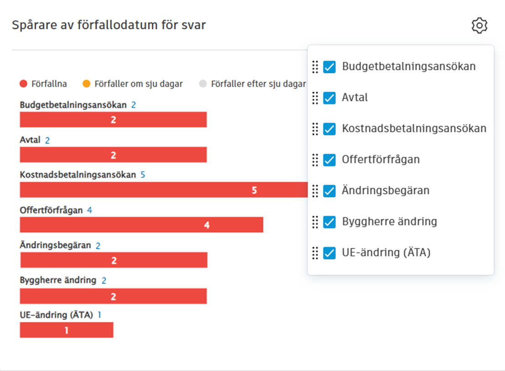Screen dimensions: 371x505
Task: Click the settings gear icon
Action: pos(479,26)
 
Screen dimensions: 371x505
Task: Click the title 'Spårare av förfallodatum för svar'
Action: pos(109,25)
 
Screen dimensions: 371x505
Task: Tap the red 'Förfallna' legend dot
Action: pos(24,84)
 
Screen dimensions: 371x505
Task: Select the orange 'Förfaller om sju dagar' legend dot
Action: pos(87,84)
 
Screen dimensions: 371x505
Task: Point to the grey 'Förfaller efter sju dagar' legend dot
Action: pos(203,84)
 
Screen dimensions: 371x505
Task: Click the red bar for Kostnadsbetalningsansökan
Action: pos(164,190)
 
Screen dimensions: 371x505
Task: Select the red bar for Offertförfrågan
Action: pos(141,225)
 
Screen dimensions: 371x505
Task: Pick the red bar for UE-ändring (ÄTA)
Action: pos(67,330)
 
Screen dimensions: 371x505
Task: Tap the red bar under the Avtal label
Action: pos(113,155)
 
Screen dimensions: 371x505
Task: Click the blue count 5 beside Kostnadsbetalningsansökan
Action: pos(143,175)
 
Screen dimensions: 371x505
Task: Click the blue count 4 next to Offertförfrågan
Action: pos(89,210)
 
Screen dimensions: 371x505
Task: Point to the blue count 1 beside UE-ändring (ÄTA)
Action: pos(99,315)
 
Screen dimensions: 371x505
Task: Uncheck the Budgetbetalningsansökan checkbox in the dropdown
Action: pos(329,67)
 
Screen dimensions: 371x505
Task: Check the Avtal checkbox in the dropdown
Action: pos(329,98)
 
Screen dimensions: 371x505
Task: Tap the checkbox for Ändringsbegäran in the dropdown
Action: pos(329,191)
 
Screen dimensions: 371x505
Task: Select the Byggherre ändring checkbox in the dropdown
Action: pos(329,222)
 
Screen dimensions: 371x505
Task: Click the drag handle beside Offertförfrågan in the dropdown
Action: pos(315,160)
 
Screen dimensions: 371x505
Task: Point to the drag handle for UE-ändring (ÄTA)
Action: pos(315,253)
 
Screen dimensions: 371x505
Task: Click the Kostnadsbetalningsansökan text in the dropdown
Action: pos(414,129)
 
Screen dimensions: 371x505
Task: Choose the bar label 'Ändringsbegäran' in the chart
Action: pos(55,245)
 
